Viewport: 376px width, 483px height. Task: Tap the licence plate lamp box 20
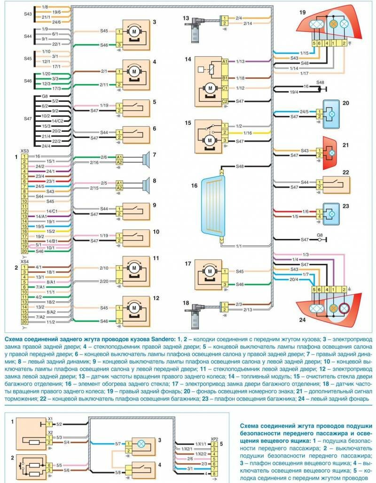(334, 114)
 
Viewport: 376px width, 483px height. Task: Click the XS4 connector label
(25, 261)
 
